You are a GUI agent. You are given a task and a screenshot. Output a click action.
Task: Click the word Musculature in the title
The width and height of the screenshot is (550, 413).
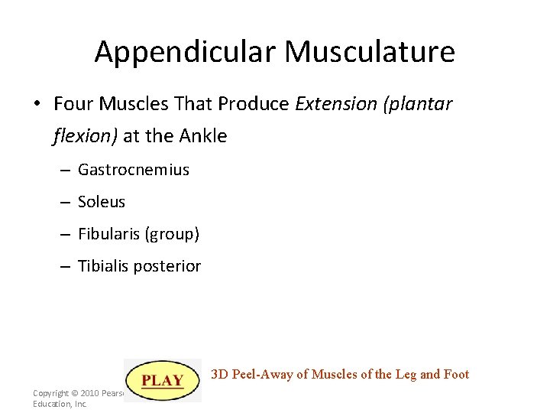point(370,52)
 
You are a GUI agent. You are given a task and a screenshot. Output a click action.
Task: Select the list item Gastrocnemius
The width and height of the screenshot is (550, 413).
point(134,170)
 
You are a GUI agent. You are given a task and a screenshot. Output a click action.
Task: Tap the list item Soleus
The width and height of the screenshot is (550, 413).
point(102,202)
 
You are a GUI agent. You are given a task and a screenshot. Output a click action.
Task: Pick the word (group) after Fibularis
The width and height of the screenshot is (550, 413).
point(172,235)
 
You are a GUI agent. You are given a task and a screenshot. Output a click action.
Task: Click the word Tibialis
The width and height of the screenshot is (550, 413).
point(106,266)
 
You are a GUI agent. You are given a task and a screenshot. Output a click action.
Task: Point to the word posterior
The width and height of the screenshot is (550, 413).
point(170,267)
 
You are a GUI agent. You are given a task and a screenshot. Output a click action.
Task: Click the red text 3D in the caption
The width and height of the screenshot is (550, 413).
point(219,374)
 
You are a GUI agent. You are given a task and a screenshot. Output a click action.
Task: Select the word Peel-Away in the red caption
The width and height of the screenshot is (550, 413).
point(261,374)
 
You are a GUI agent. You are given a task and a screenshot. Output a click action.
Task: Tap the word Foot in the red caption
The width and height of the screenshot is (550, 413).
point(455,374)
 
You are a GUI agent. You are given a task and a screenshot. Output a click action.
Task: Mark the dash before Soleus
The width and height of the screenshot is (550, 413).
point(66,203)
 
